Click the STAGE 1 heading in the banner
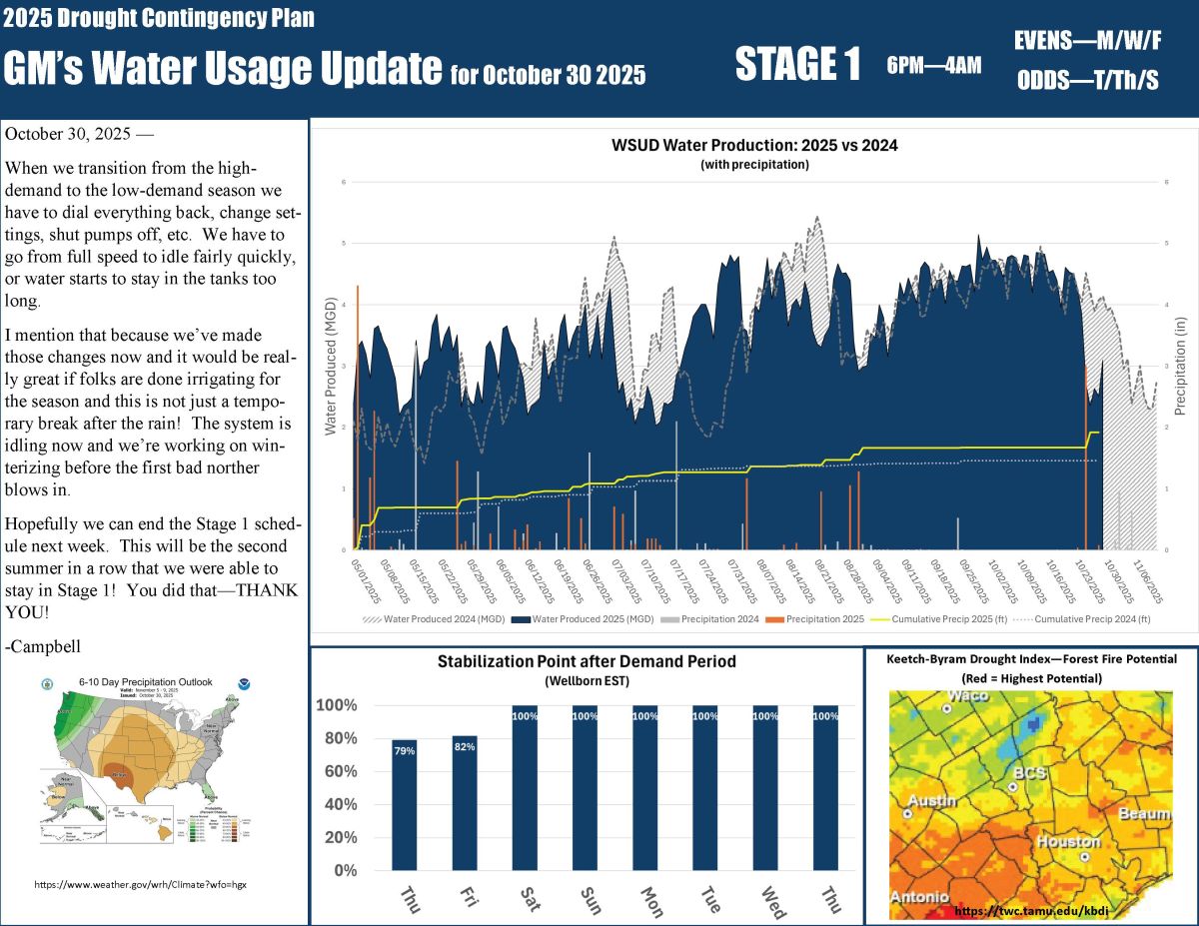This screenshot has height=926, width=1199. (797, 65)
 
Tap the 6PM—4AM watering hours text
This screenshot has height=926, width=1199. (933, 66)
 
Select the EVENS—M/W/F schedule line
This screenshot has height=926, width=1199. (1087, 41)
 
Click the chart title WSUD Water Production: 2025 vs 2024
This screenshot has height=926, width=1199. (754, 145)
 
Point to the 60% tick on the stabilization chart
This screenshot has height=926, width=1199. (338, 771)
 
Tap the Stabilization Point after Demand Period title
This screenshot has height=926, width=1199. (587, 661)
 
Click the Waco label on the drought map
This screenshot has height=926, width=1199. (968, 695)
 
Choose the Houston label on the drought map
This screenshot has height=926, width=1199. (1068, 841)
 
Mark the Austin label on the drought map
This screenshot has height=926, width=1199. (932, 801)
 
